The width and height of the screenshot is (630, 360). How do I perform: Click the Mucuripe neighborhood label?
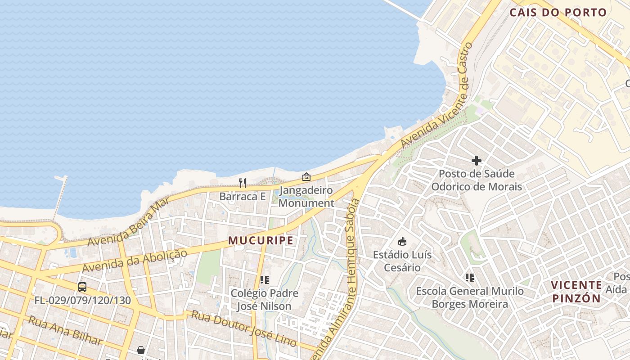[x=261, y=240]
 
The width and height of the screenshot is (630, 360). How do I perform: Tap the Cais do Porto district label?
[x=558, y=13]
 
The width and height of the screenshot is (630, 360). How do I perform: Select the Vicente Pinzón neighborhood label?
[x=576, y=292]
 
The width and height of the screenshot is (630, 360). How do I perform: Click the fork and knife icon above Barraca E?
[x=243, y=183]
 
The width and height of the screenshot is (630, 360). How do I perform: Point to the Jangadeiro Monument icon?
[x=306, y=177]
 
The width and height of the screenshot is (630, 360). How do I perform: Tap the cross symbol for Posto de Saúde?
[x=477, y=160]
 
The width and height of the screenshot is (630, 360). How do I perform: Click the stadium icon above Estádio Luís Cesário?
[x=402, y=242]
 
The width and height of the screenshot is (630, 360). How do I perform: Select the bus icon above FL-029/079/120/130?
[x=82, y=287]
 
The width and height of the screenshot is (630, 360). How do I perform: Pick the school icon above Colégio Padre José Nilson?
[x=265, y=280]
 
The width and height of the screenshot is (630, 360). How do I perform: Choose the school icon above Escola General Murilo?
[x=470, y=278]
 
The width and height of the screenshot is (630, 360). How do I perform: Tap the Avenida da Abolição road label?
[x=135, y=261]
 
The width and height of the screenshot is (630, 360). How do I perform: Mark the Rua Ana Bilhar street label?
[x=65, y=330]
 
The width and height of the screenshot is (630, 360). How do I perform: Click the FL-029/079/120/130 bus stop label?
[x=83, y=300]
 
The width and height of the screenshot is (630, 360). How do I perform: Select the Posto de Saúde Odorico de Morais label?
[x=477, y=180]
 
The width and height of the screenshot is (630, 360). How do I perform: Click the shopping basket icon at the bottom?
[x=141, y=350]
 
